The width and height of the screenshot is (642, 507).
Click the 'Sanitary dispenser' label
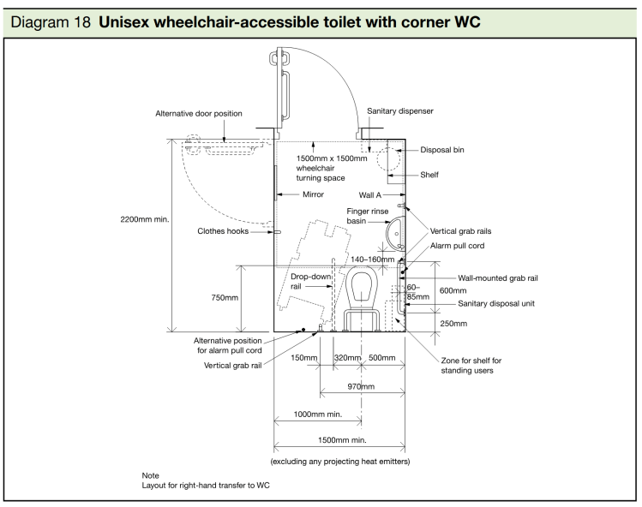[399, 111]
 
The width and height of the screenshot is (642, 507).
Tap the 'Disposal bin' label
[443, 150]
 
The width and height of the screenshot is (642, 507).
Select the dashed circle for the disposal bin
[392, 159]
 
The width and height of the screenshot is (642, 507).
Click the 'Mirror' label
[314, 194]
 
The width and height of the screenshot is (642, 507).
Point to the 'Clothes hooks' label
[225, 230]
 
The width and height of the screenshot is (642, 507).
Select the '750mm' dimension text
[225, 297]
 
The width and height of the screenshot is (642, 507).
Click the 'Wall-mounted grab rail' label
[498, 277]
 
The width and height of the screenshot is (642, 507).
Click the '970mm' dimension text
[360, 386]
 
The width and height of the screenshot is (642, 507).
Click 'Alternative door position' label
[199, 113]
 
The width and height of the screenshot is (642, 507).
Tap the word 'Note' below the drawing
[151, 475]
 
